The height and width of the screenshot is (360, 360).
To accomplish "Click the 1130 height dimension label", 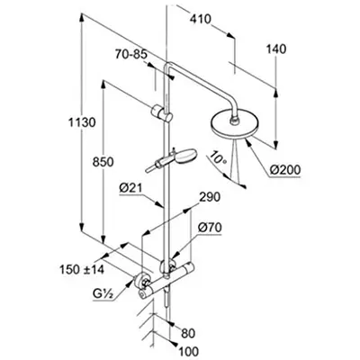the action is pos(82,122).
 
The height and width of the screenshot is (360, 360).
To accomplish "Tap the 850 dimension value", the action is pos(103,162).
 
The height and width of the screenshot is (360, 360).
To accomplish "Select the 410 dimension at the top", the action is pos(200,19).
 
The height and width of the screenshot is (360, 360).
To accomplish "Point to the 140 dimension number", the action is pos(276,49).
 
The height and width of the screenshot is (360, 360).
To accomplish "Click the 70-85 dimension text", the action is pos(131,55).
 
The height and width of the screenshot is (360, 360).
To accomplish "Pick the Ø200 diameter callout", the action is pos(284,170).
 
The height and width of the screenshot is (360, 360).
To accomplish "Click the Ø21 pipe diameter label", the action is pos(130,189).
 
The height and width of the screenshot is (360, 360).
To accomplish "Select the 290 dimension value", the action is pos(210,197).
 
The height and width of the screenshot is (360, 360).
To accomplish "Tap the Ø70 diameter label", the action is pos(210,228).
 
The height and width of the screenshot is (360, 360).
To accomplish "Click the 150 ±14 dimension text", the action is pos(82,269).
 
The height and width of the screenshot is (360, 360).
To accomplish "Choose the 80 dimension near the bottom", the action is pos(188,333).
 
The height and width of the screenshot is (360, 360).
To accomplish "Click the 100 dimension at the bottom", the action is pos(189,351).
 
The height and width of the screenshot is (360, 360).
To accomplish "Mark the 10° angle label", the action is pos(219,157).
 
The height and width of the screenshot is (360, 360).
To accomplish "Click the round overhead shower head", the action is pos(232,125).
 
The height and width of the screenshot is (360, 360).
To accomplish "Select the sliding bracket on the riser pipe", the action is pos(161,112).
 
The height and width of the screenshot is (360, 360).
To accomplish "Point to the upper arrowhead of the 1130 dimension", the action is pos(81,19).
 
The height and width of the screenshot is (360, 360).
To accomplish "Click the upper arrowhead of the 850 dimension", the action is pos(103,85).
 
